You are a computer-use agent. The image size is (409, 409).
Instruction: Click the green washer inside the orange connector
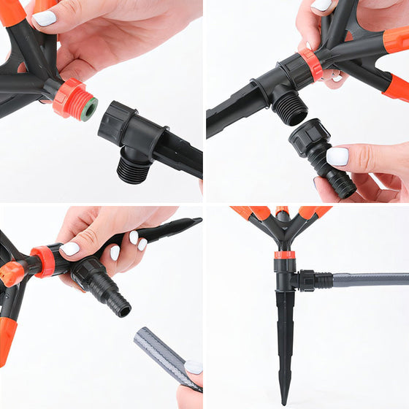(88, 110)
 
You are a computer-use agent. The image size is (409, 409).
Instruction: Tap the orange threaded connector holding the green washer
(73, 98)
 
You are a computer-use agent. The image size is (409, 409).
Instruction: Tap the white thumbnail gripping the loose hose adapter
(337, 156)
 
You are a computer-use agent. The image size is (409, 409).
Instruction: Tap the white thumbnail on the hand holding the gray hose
(193, 367)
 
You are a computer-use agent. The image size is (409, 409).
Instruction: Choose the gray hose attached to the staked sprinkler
(372, 280)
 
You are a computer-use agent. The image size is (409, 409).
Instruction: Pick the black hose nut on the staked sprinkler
(305, 280)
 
